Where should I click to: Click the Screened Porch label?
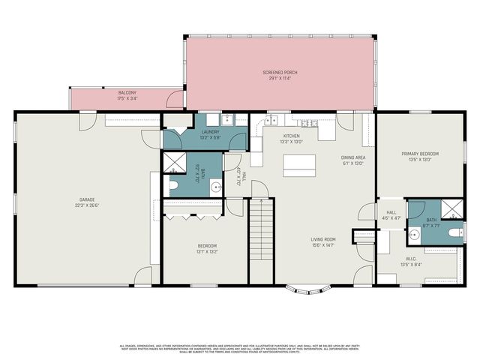[280, 73]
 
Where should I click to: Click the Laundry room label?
[209, 133]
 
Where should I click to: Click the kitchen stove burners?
[306, 121]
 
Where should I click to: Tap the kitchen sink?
[271, 120]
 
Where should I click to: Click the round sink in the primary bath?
[414, 234]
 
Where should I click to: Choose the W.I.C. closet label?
[410, 260]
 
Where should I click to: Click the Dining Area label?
[352, 157]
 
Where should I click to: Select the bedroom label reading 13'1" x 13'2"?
[207, 250]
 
